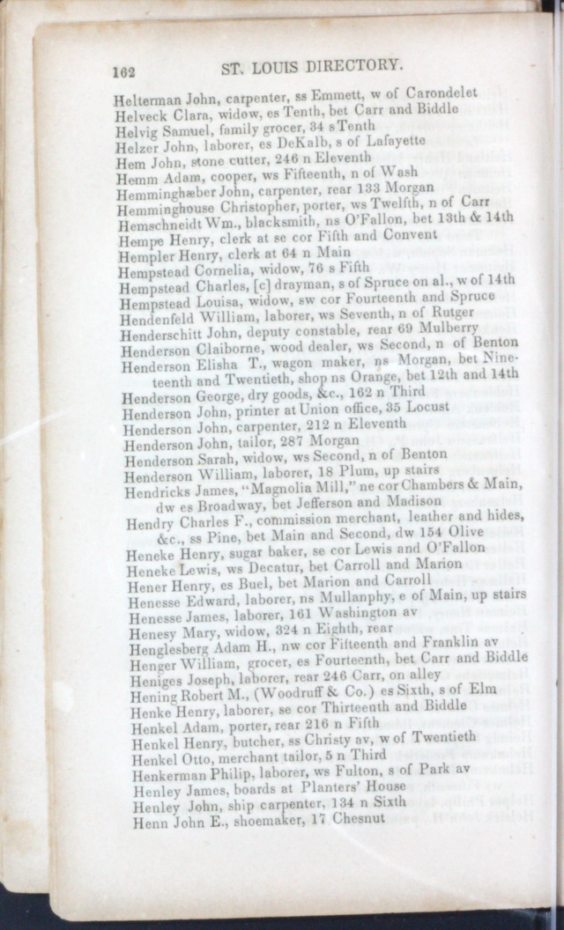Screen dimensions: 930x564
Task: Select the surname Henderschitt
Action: click(164, 331)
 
